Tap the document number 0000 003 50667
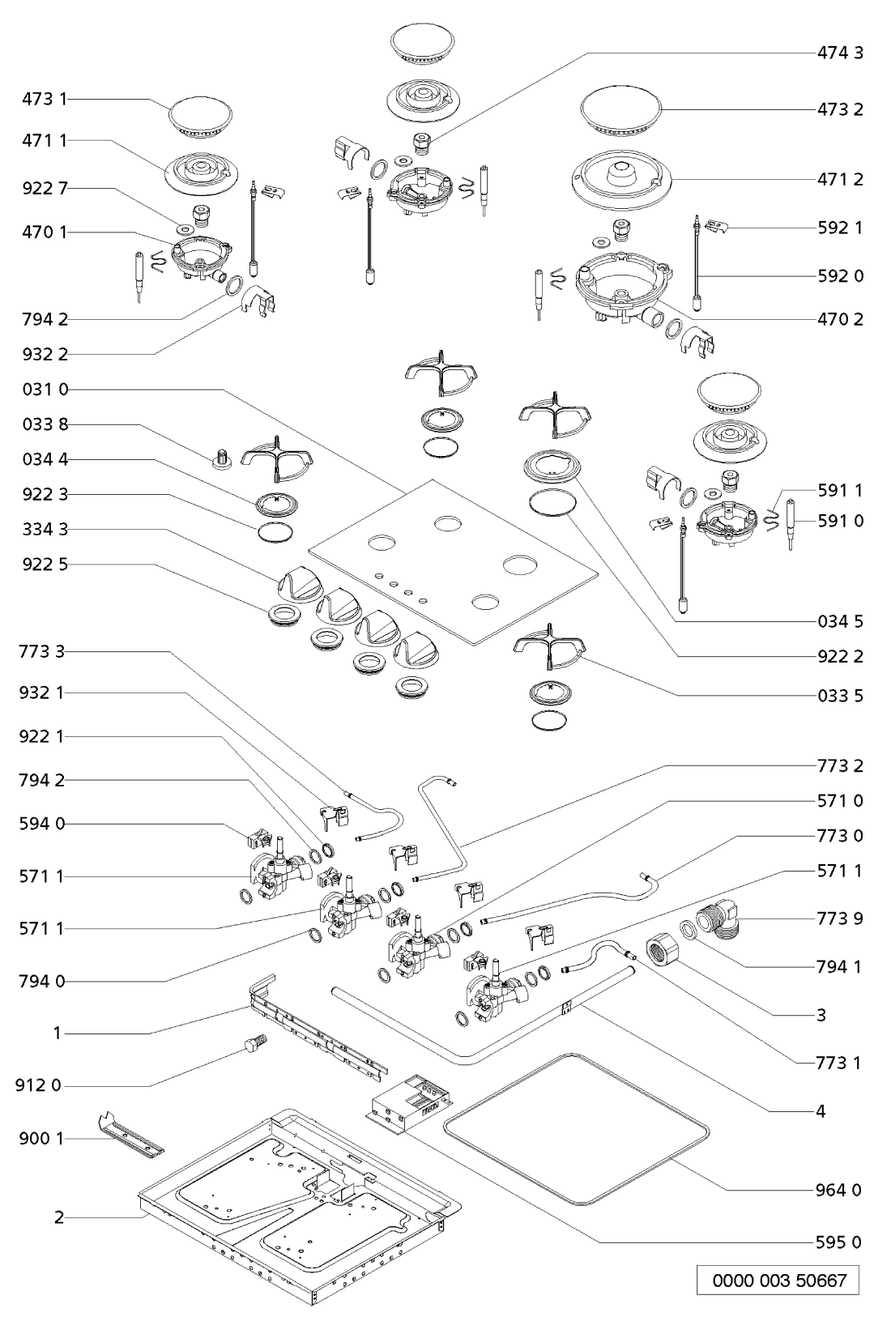click(x=778, y=1281)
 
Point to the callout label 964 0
click(x=838, y=1190)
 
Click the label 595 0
click(x=838, y=1242)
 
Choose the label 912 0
click(x=37, y=1085)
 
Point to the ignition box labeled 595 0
click(x=409, y=1102)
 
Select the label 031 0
click(x=45, y=390)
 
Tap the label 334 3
click(x=45, y=529)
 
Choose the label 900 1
click(x=39, y=1139)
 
